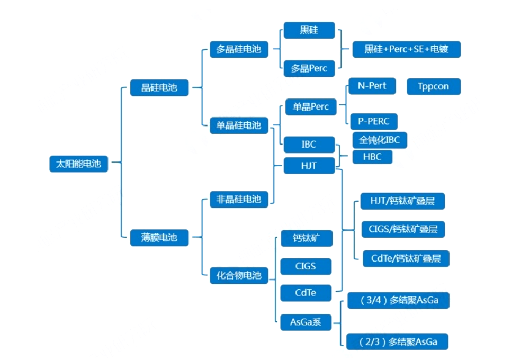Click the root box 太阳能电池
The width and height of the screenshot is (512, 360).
point(78,164)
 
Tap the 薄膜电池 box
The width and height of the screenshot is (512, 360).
point(159,238)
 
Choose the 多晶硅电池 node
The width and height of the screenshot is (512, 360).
point(239,49)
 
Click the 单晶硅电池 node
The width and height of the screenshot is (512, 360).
point(239,125)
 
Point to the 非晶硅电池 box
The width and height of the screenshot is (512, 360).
point(239,199)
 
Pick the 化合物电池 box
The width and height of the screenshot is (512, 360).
point(239,275)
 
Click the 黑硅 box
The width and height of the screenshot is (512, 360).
point(309,30)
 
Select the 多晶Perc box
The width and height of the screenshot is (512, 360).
point(309,68)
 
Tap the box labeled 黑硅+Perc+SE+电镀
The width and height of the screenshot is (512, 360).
point(407,49)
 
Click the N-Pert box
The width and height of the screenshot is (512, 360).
point(372,86)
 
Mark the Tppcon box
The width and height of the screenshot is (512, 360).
point(433,87)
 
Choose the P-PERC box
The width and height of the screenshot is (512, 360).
point(373,121)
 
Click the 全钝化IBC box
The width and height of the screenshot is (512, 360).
point(380,140)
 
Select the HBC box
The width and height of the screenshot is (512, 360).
point(372,157)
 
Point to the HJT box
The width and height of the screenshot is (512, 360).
point(309,166)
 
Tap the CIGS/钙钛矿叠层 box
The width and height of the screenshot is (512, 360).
point(403,229)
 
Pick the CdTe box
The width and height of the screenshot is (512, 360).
point(306,292)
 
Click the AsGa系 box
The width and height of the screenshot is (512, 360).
point(306,322)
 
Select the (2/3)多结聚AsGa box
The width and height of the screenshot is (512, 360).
point(398,341)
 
